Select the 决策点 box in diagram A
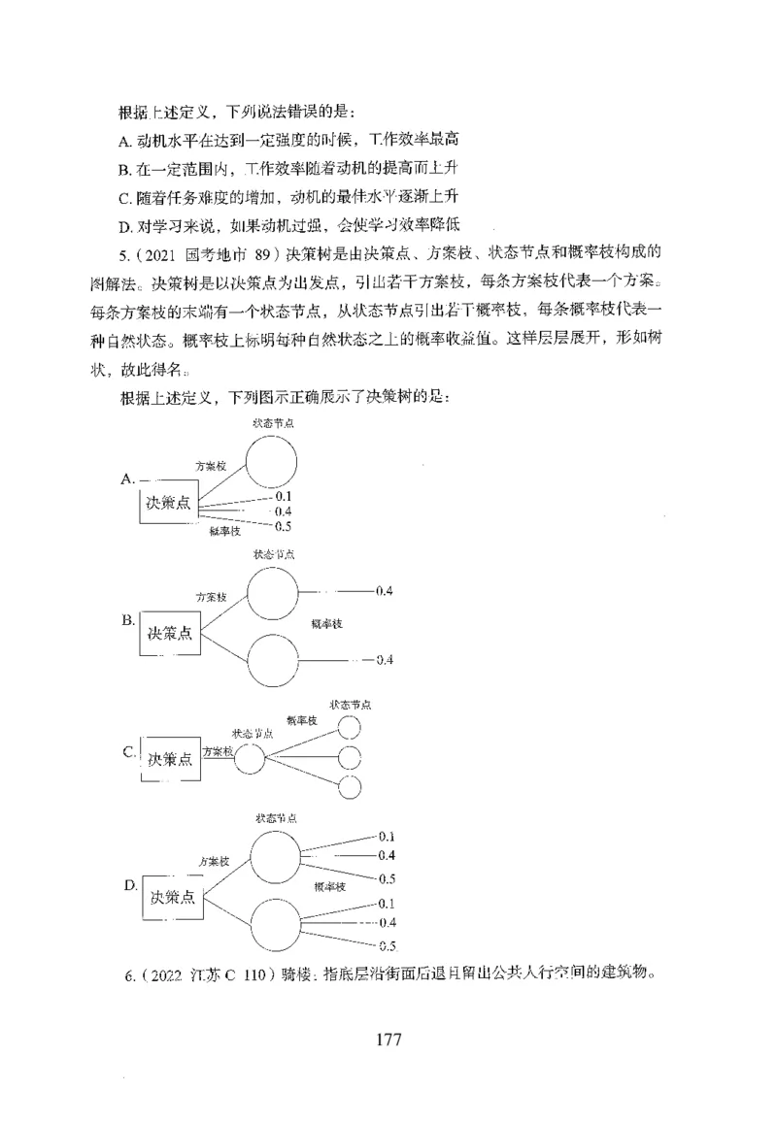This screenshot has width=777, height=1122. click(x=169, y=503)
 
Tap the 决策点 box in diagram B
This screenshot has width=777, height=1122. click(x=169, y=634)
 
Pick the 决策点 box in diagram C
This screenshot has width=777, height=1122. click(x=170, y=759)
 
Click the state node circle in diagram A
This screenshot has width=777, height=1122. click(x=271, y=460)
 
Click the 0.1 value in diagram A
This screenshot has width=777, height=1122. click(x=284, y=496)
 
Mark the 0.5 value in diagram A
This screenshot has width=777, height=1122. click(x=284, y=526)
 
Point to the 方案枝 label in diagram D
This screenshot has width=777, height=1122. click(x=214, y=861)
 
